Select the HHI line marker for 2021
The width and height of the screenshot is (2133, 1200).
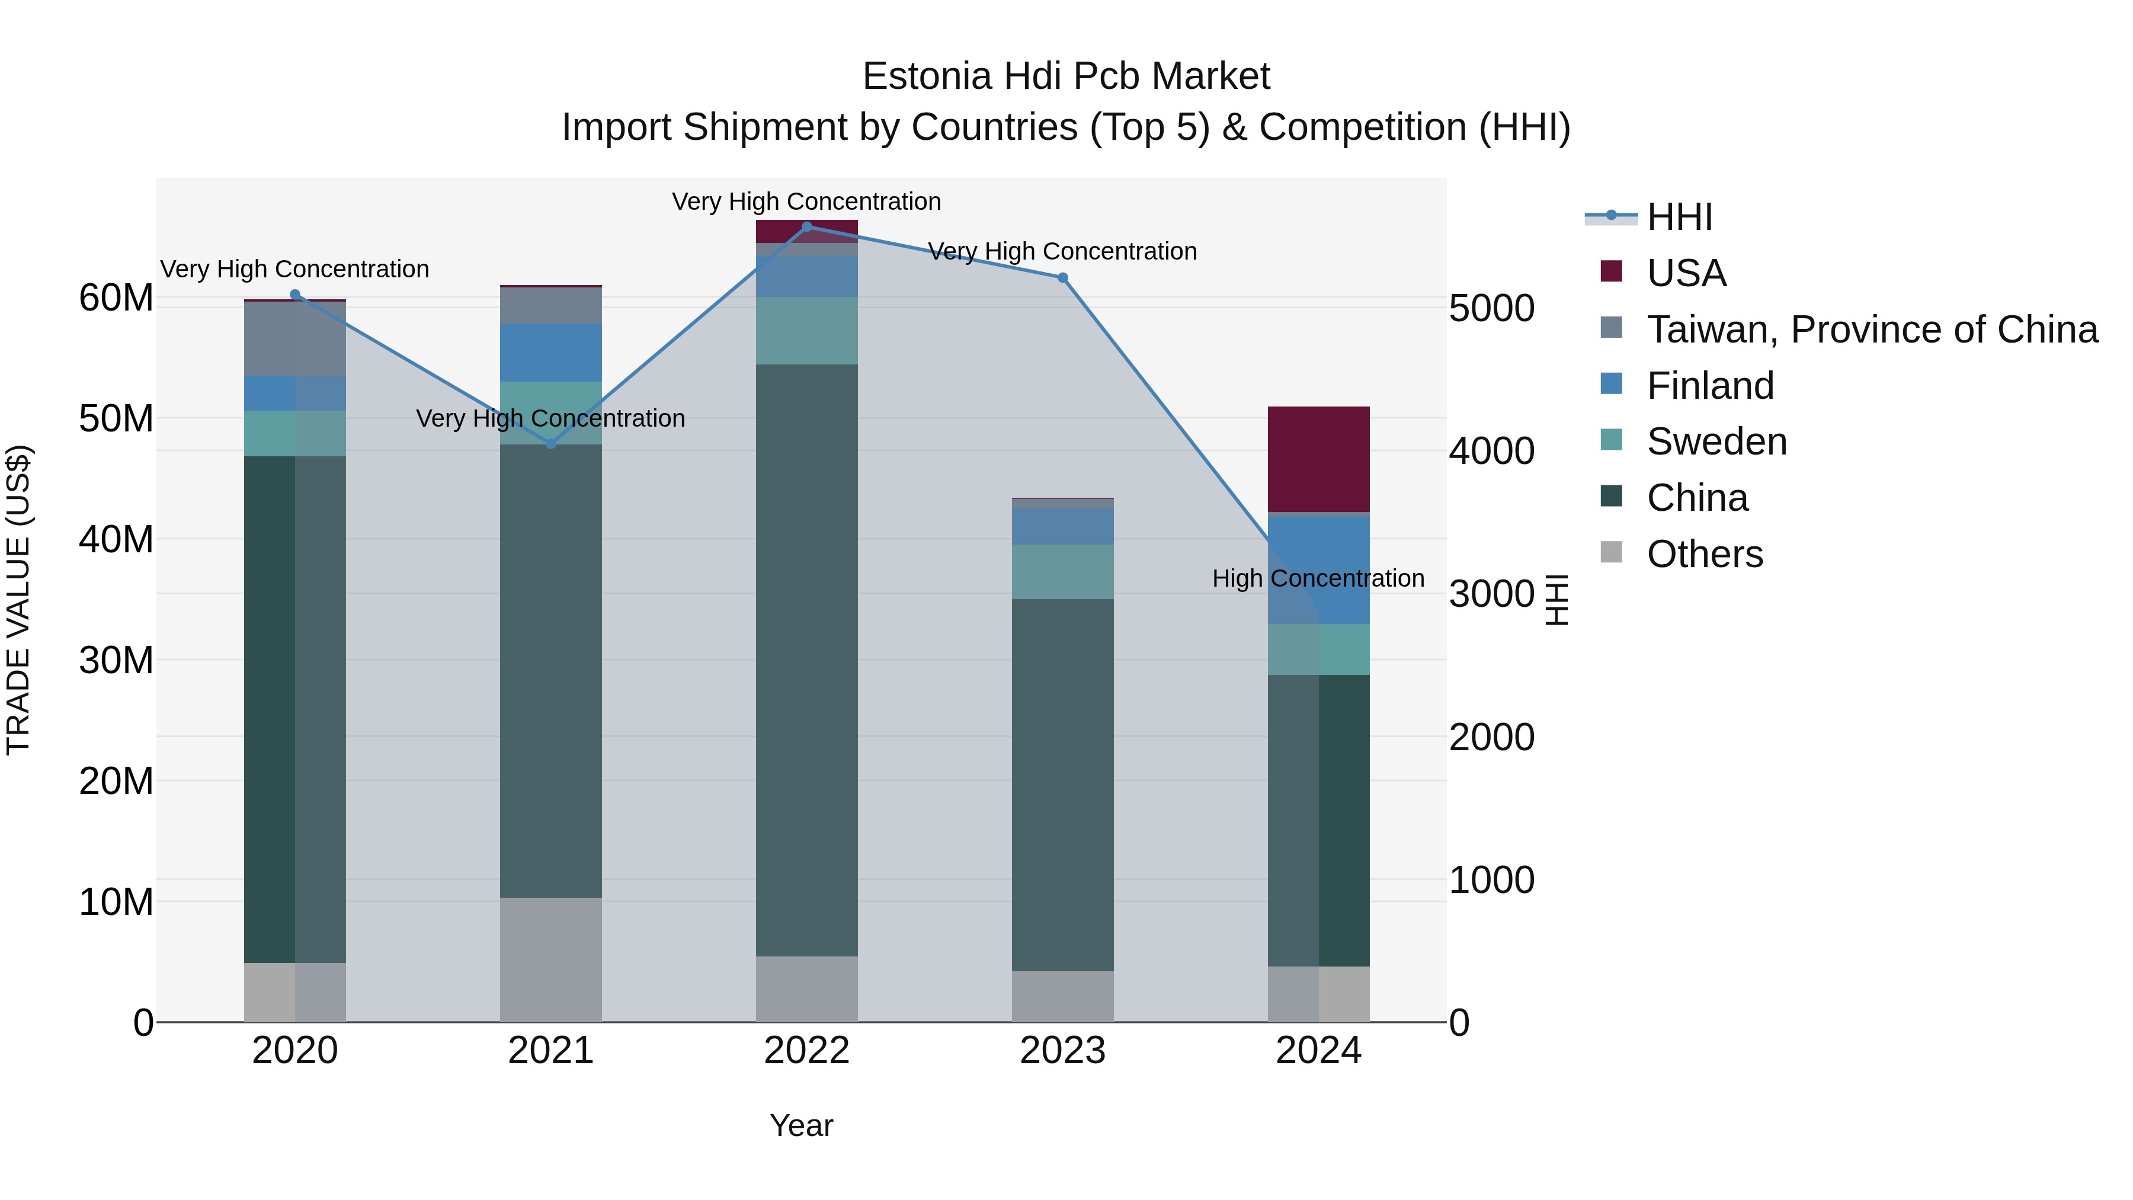(550, 444)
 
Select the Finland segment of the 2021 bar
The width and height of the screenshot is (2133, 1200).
(550, 353)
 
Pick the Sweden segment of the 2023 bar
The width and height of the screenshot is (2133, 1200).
(1062, 571)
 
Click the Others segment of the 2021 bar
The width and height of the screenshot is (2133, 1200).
(550, 959)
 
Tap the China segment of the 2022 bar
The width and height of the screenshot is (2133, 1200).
(806, 660)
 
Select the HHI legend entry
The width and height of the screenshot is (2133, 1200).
(1679, 217)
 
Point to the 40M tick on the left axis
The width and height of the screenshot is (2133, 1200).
(116, 539)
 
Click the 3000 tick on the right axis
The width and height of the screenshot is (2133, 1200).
(1491, 594)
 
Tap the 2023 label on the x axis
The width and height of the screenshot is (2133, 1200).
(1062, 1051)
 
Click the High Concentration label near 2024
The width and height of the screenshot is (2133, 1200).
(1318, 578)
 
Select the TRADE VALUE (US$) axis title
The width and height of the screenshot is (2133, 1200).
(19, 600)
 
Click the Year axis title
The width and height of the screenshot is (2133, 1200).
(800, 1125)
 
